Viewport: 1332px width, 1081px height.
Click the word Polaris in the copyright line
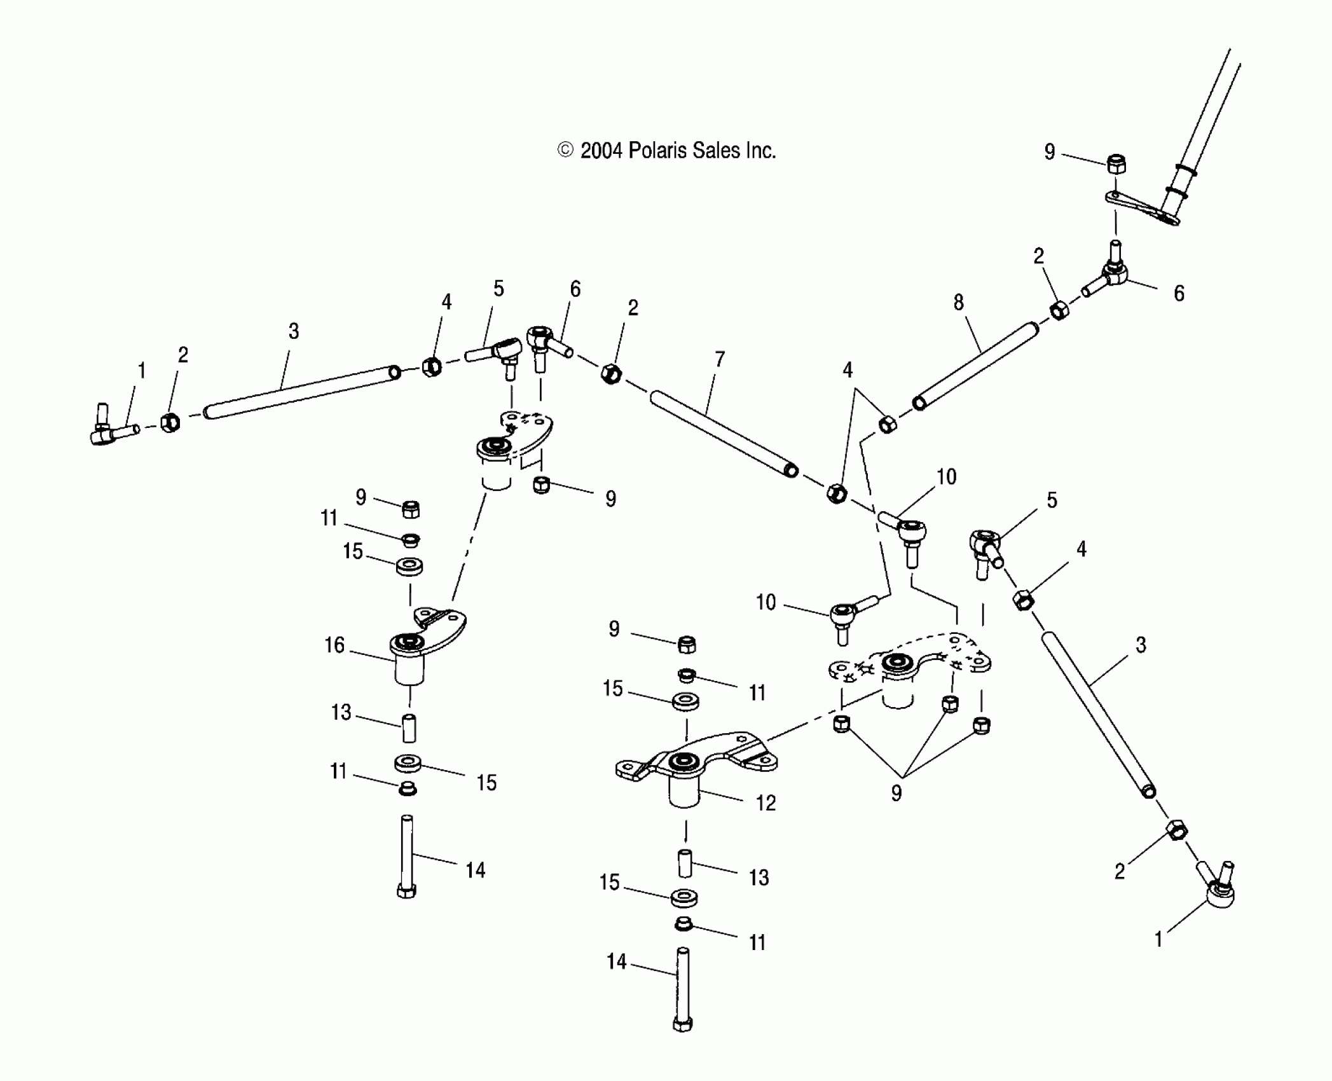657,151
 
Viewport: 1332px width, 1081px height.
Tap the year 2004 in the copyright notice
601,151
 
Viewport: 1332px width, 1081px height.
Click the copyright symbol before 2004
565,150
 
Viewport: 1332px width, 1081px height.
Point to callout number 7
720,360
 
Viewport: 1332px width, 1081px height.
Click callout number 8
958,302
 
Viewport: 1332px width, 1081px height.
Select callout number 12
766,803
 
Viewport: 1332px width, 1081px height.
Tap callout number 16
334,645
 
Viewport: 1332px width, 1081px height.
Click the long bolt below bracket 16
407,856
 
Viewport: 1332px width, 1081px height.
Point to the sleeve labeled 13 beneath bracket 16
409,729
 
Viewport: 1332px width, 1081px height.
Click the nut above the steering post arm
1116,165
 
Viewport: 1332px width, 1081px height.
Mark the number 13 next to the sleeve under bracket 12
759,878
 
